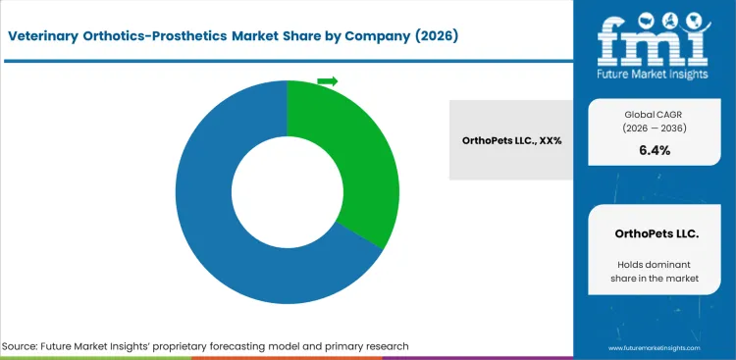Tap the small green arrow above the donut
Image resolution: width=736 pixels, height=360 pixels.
coord(328,80)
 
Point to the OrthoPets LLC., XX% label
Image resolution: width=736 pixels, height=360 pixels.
coord(511,140)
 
